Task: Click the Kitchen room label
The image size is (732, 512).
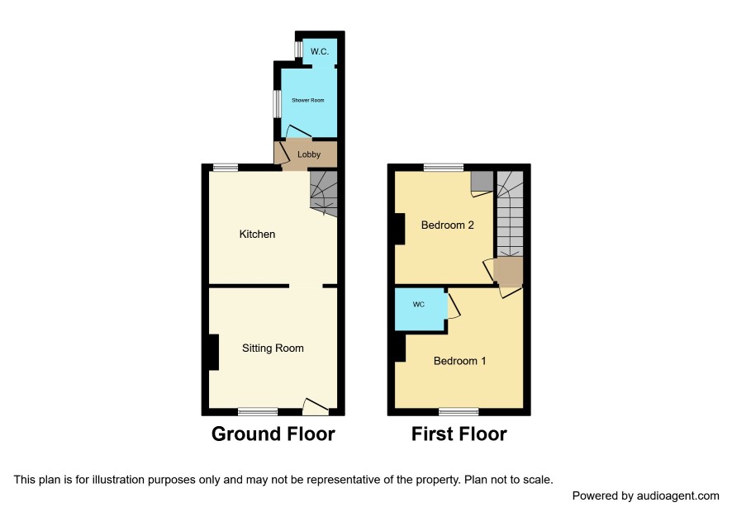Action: tap(257, 234)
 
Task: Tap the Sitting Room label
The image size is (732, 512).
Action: tap(273, 348)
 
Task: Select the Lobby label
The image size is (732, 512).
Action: tap(308, 154)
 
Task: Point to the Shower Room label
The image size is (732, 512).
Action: tap(307, 100)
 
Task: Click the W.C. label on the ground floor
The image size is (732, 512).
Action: tap(319, 51)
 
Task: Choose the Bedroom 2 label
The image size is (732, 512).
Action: tap(447, 225)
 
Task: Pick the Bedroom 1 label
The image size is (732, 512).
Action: tap(459, 361)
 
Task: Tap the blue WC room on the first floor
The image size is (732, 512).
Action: tap(420, 310)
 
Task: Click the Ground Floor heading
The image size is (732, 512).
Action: tap(273, 434)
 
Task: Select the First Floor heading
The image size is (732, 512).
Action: tap(459, 434)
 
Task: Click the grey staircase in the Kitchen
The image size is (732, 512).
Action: tap(324, 192)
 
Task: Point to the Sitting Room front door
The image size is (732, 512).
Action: tap(315, 406)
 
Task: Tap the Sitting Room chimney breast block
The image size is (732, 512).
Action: tap(214, 353)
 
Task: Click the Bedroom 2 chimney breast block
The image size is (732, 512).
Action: tap(400, 229)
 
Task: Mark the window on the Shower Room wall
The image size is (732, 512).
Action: tap(277, 103)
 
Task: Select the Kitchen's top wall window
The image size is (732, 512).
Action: tap(226, 167)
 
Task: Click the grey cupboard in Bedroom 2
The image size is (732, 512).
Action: tap(482, 181)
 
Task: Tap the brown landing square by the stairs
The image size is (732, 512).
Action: tap(508, 271)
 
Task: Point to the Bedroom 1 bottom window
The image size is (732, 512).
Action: tap(459, 411)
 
